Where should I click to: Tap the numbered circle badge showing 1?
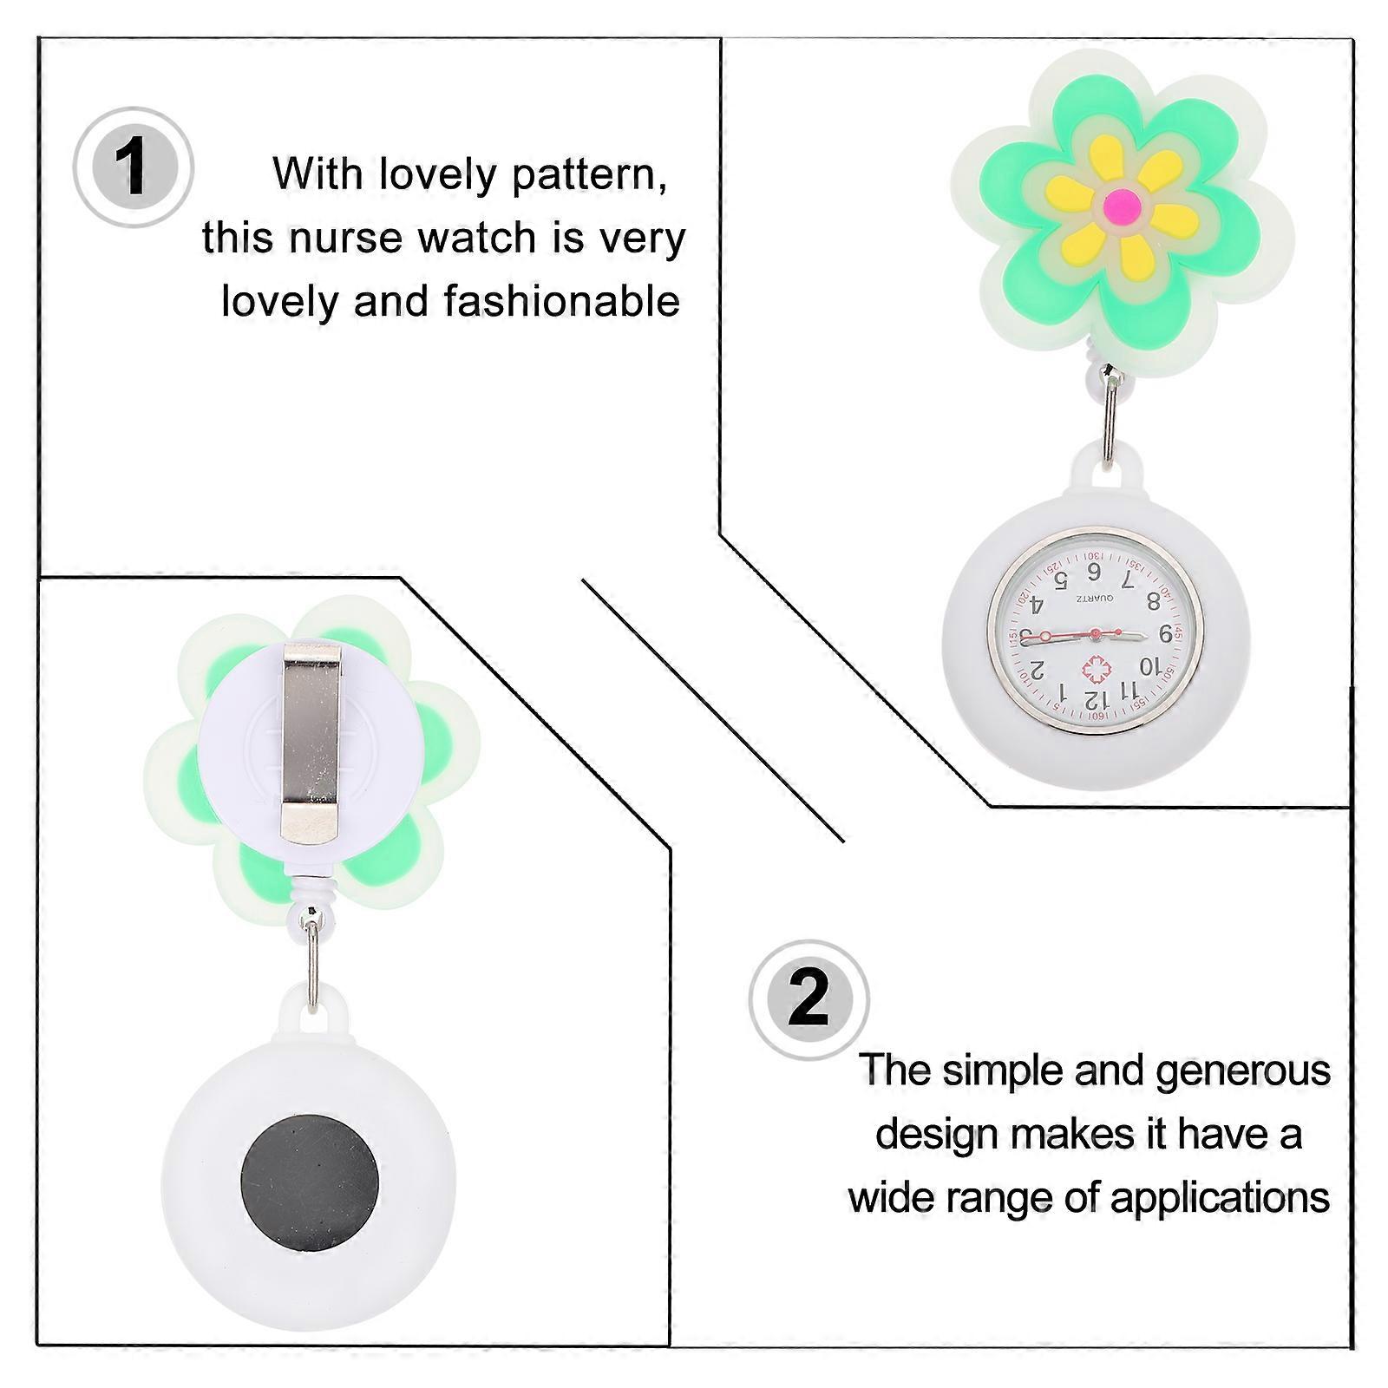click(x=133, y=167)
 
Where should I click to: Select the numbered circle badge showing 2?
click(x=809, y=999)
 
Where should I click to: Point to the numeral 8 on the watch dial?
click(x=1153, y=599)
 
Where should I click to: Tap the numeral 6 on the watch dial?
click(x=1093, y=572)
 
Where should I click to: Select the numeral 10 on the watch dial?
click(x=1149, y=667)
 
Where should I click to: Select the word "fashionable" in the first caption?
click(x=561, y=301)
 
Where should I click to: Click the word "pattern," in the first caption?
click(x=590, y=174)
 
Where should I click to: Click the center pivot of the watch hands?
click(x=1095, y=634)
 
